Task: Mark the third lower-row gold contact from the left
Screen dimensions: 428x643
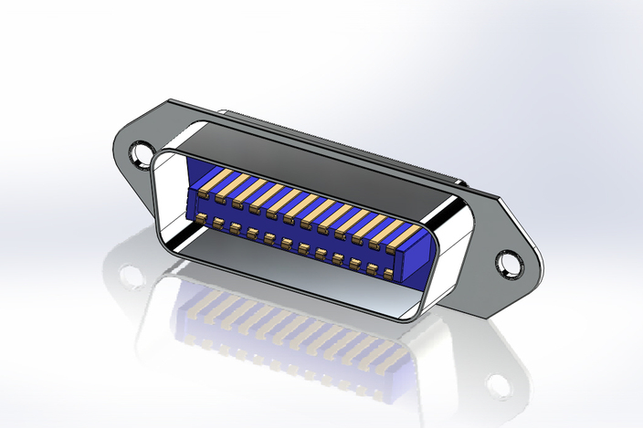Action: coord(235,228)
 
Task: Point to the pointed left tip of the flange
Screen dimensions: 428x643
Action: coord(114,146)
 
